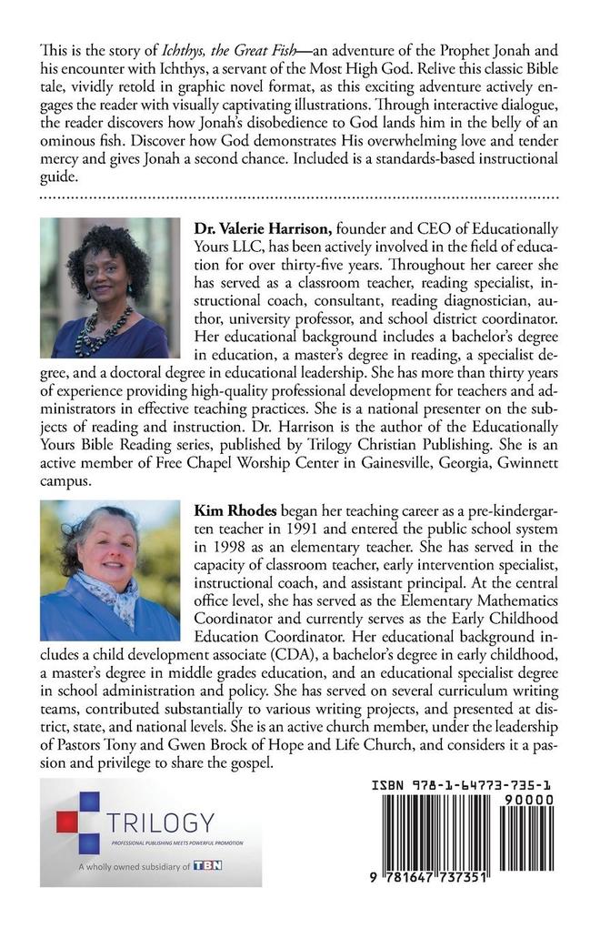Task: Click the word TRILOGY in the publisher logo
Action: coord(161,823)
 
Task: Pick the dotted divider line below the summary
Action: coord(299,196)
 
